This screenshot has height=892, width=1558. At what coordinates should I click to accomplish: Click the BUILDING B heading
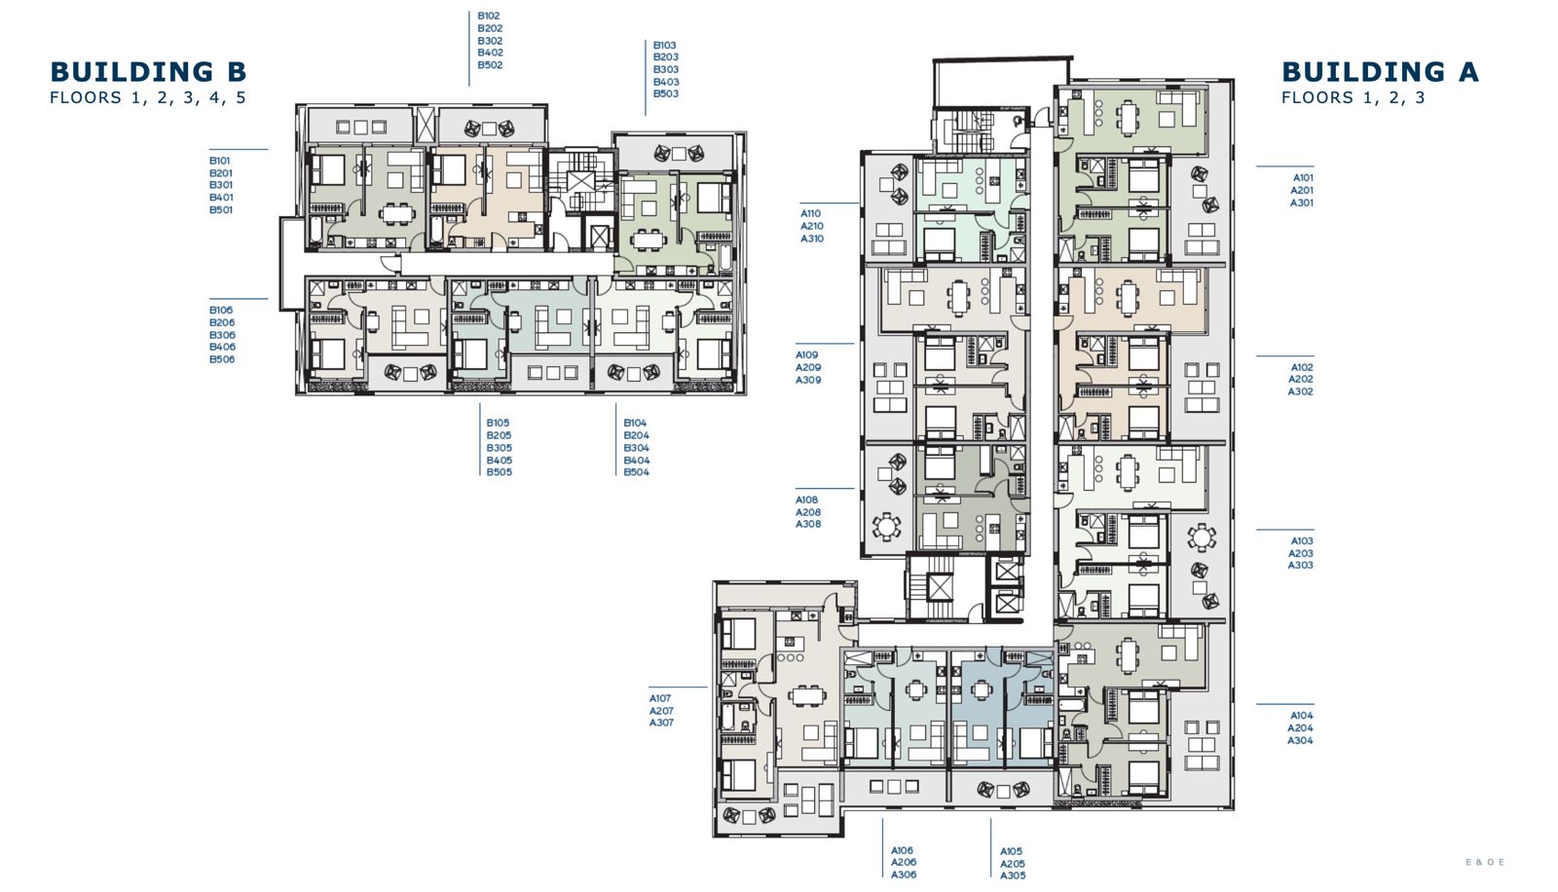(x=148, y=72)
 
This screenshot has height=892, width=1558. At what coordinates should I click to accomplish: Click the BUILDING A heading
(x=1380, y=72)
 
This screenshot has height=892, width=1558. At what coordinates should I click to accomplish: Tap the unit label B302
(x=490, y=40)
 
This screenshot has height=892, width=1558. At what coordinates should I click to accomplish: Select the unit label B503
(x=666, y=93)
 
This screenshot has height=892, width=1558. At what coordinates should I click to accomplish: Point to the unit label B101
(x=220, y=161)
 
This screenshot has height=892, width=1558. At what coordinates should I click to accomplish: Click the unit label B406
(x=222, y=347)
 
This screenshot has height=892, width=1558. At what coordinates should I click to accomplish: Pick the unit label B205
(x=499, y=435)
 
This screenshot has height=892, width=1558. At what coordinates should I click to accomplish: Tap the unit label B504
(x=637, y=471)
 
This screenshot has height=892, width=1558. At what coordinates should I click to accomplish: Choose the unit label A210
(x=812, y=226)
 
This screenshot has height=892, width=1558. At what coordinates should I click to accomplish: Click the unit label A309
(x=808, y=380)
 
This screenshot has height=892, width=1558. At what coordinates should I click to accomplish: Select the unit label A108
(x=807, y=500)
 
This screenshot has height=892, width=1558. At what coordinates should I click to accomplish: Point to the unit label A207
(x=661, y=711)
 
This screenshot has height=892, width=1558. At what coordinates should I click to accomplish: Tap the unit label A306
(x=904, y=874)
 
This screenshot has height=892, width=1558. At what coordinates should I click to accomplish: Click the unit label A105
(x=1012, y=851)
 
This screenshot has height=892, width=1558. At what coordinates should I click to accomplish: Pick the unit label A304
(x=1300, y=740)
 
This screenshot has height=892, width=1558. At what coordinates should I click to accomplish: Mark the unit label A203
(x=1300, y=553)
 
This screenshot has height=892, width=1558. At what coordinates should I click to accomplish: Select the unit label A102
(x=1302, y=367)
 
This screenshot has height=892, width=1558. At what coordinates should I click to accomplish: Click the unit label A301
(x=1301, y=203)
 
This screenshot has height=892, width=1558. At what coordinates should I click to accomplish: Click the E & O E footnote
(x=1485, y=862)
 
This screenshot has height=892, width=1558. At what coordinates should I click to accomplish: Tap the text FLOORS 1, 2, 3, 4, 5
(x=148, y=97)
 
